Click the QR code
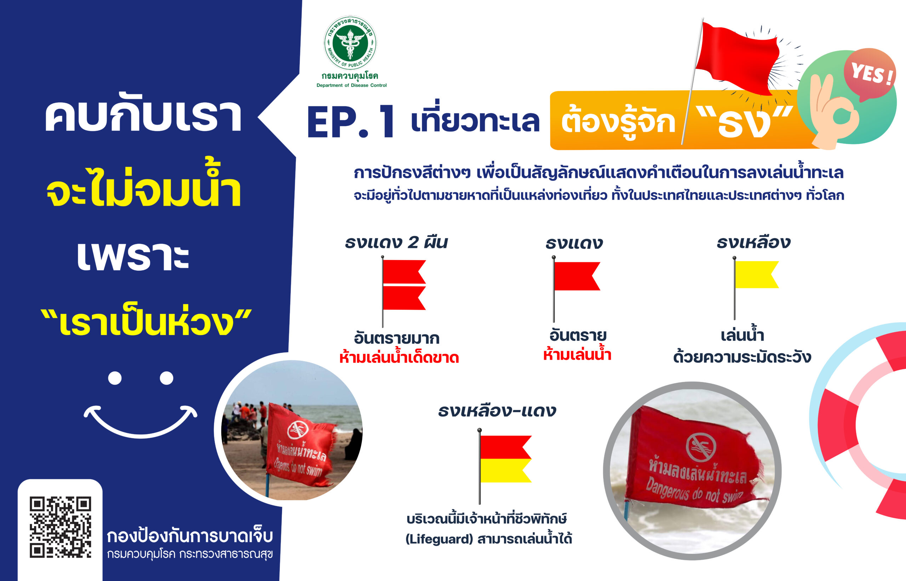(60, 527)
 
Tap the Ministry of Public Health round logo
(350, 43)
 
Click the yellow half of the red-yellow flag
(505, 470)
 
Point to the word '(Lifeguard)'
(439, 539)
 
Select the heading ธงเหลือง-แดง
(497, 411)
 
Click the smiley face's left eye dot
(115, 378)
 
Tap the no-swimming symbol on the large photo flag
(701, 447)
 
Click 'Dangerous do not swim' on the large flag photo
(695, 493)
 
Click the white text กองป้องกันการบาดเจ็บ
(190, 536)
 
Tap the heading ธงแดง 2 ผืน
(396, 242)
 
